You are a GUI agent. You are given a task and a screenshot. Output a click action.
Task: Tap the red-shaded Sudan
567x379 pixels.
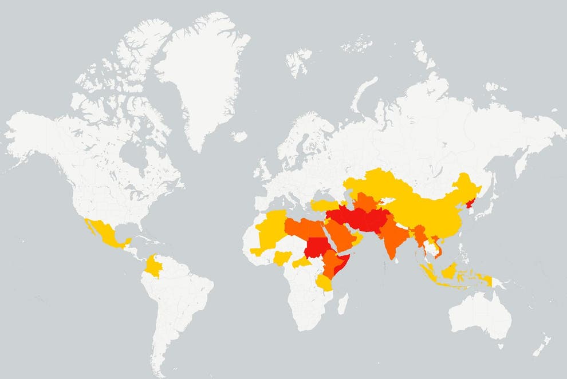click(x=317, y=248)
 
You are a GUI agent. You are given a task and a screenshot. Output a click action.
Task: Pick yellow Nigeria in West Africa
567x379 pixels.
click(x=283, y=258)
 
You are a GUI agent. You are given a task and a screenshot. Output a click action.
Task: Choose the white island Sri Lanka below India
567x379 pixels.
click(x=400, y=264)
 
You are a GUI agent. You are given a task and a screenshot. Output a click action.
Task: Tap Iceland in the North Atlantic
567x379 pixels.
click(x=239, y=136)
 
